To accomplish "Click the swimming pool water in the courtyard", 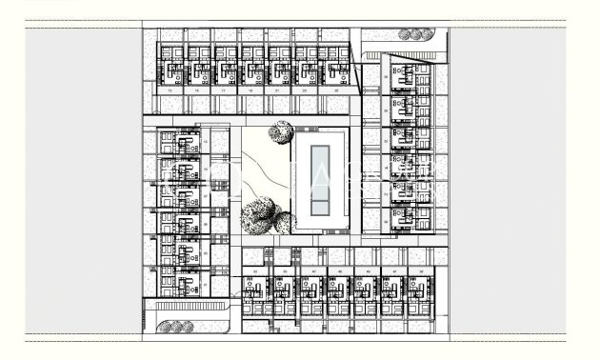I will [322, 178].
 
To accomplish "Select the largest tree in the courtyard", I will [258, 215].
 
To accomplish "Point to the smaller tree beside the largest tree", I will [283, 223].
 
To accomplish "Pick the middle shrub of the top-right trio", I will [413, 33].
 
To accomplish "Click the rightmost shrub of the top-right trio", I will [424, 33].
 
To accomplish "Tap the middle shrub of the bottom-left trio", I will [173, 328].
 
